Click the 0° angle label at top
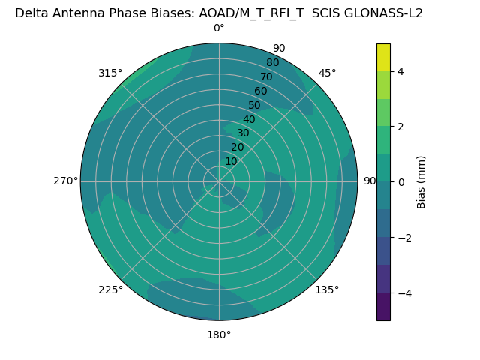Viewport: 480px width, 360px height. (219, 28)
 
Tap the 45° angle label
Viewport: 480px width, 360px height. (327, 73)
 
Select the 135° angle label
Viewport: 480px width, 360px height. (327, 289)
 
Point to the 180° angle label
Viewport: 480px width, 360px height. (219, 334)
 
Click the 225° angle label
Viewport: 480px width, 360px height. (110, 289)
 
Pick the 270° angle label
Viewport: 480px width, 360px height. (65, 181)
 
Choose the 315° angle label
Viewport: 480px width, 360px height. (110, 73)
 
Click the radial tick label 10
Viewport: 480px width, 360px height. (231, 161)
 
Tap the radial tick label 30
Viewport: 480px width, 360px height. (243, 133)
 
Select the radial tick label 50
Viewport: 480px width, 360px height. (255, 106)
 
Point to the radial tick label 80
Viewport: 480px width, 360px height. (272, 63)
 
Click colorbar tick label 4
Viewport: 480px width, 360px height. (401, 71)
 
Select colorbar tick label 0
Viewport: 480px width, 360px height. (401, 182)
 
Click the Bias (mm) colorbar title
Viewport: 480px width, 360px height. (421, 182)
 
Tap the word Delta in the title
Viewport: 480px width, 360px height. (31, 13)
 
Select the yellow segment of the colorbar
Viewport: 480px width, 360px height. (383, 57)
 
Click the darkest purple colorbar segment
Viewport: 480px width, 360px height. (383, 307)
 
